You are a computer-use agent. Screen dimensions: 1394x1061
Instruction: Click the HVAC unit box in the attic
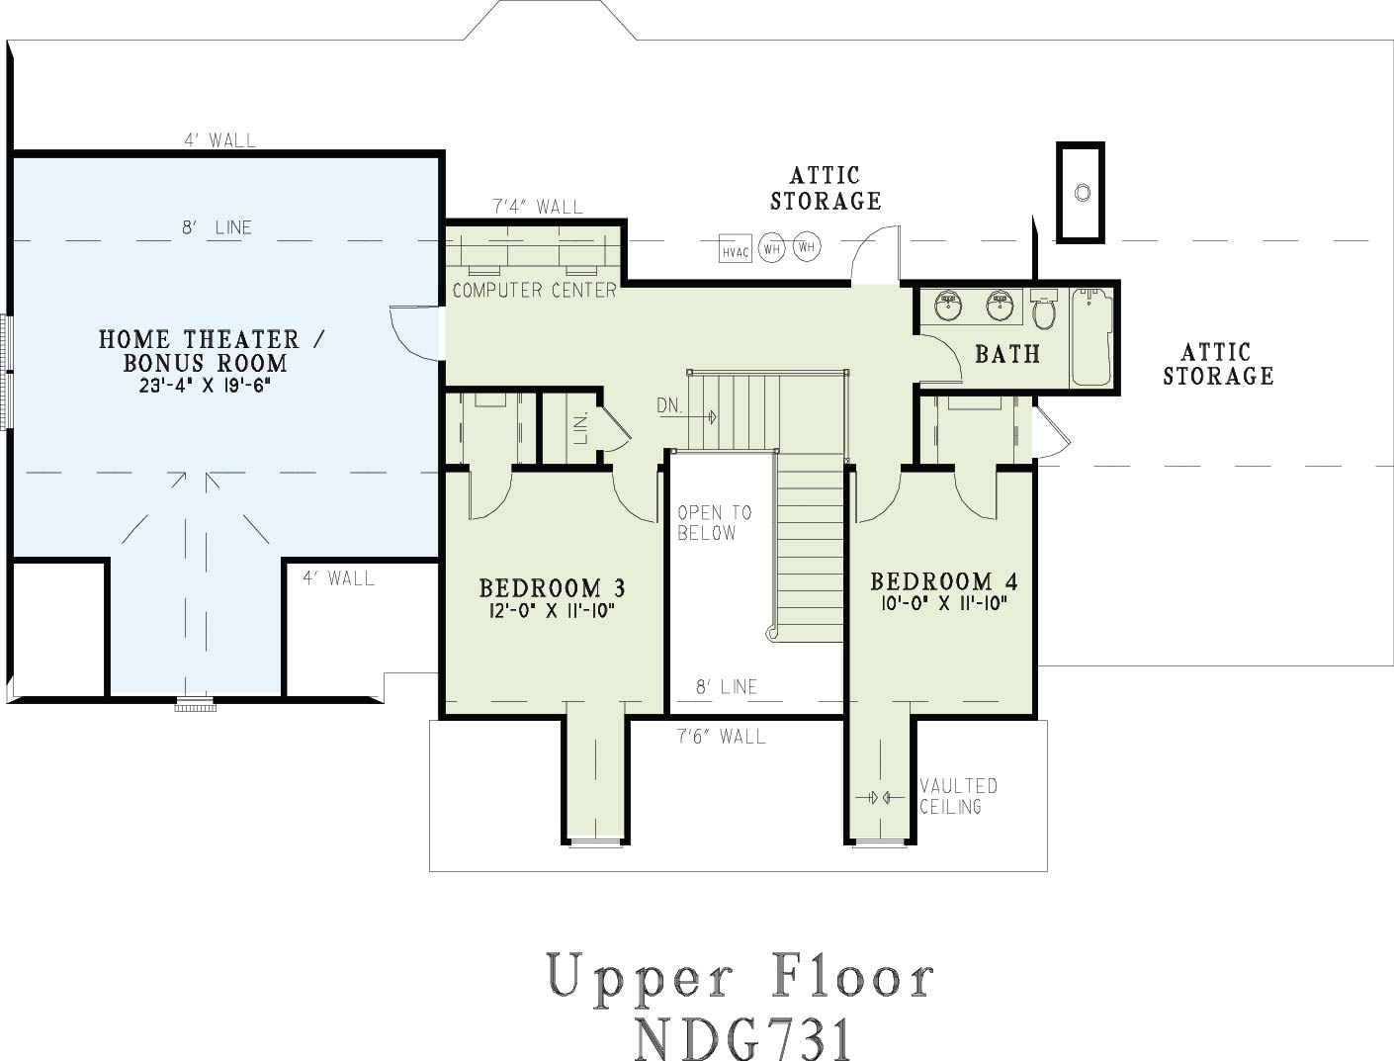[x=735, y=248]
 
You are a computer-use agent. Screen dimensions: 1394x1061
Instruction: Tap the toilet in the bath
[x=1043, y=309]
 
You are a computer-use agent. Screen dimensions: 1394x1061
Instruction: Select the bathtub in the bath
[x=1091, y=337]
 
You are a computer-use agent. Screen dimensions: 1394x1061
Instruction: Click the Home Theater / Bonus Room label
[x=212, y=350]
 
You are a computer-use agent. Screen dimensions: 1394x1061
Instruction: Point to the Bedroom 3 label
[x=552, y=588]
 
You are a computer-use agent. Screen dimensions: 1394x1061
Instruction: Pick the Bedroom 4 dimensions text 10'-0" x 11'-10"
[x=944, y=603]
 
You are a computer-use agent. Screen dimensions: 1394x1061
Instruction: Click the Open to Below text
[x=715, y=522]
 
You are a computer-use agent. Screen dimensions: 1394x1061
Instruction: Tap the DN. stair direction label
[x=669, y=405]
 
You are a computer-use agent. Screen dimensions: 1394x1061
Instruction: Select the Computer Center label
[x=534, y=290]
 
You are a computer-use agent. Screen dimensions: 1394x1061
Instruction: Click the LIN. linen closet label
[x=580, y=428]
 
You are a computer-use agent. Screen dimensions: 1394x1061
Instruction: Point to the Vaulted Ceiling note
[x=958, y=796]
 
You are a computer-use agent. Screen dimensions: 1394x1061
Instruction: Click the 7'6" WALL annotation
[x=722, y=737]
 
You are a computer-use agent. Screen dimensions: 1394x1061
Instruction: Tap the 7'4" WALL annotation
[x=538, y=207]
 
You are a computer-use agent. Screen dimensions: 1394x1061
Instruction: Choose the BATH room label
[x=1007, y=354]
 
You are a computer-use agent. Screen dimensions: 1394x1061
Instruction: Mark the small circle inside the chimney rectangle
[x=1083, y=193]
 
